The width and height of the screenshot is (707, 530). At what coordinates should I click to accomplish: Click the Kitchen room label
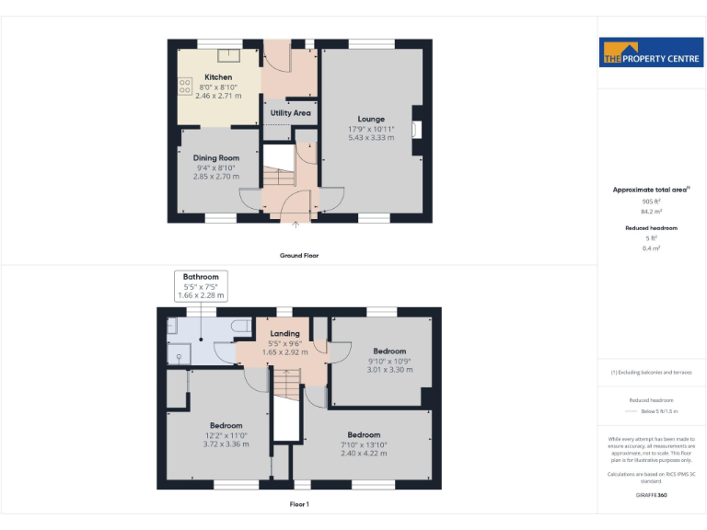(218, 77)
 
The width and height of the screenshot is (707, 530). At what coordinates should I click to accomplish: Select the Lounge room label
(371, 119)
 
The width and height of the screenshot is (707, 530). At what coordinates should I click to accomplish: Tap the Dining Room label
(216, 158)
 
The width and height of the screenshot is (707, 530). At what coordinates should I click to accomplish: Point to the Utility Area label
(290, 113)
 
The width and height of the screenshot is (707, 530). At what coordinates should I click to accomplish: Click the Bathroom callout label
(201, 277)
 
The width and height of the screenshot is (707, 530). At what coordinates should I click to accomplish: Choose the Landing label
(284, 334)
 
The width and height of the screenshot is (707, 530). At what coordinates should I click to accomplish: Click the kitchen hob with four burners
(185, 86)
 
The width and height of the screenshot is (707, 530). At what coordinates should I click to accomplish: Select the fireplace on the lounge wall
(417, 129)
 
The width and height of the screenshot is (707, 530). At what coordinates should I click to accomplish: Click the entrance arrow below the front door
(296, 223)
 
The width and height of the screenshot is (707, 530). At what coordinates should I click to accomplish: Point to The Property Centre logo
(651, 52)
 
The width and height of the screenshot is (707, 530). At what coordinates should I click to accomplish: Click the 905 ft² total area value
(651, 201)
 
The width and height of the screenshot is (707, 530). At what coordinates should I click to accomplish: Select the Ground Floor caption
(299, 255)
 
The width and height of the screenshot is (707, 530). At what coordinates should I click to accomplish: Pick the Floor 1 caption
(299, 504)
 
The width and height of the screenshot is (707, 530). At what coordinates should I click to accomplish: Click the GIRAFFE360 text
(651, 496)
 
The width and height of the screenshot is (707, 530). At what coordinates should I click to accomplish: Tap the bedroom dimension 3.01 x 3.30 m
(389, 370)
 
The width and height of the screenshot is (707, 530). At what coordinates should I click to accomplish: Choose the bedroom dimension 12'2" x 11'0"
(226, 435)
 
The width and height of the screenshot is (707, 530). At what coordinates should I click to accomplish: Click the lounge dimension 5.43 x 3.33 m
(371, 138)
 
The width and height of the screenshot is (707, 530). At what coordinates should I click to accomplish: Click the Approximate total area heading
(651, 190)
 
